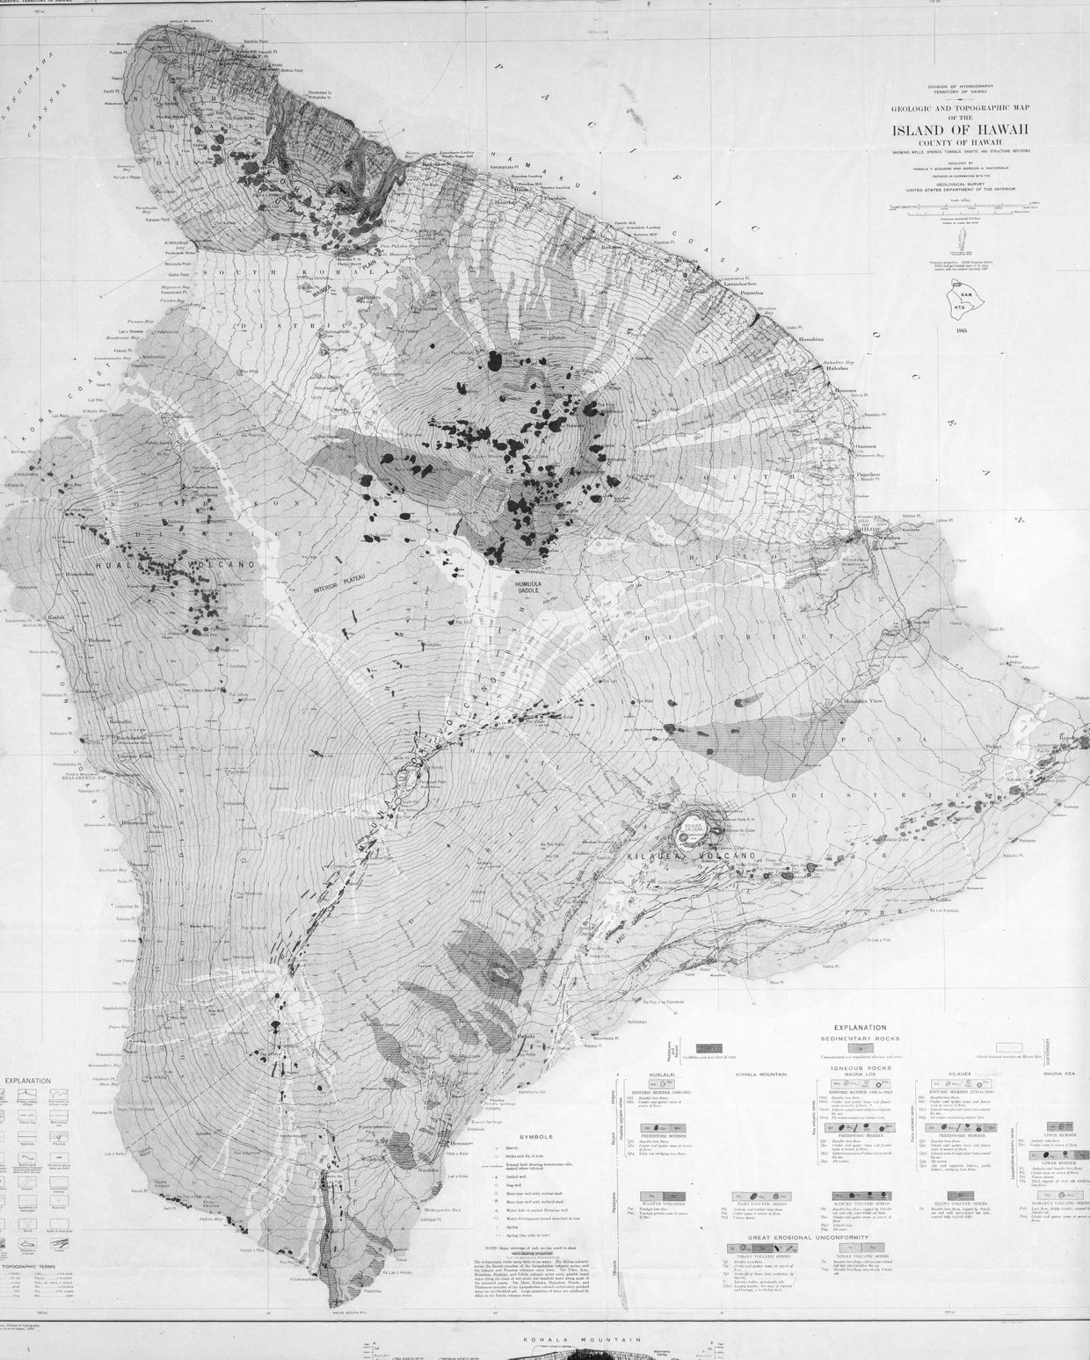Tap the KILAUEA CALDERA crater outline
tap(693, 829)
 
